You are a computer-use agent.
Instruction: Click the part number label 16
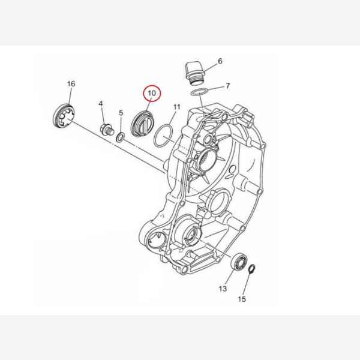pos(71,84)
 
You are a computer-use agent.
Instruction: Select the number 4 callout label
pos(101,104)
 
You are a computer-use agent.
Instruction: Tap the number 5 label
pos(121,113)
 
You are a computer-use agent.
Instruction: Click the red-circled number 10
pos(152,93)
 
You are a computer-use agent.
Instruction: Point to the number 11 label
pos(177,107)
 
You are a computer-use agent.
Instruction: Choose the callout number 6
pos(220,61)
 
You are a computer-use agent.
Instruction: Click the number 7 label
pos(227,86)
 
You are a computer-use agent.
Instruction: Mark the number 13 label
pos(223,289)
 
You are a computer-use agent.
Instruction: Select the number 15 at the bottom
pos(242,299)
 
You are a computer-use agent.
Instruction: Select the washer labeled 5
pos(121,137)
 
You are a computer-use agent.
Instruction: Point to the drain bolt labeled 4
pos(107,130)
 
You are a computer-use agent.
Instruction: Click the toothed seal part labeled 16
pos(64,116)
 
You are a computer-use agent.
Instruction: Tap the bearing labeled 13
pos(239,261)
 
